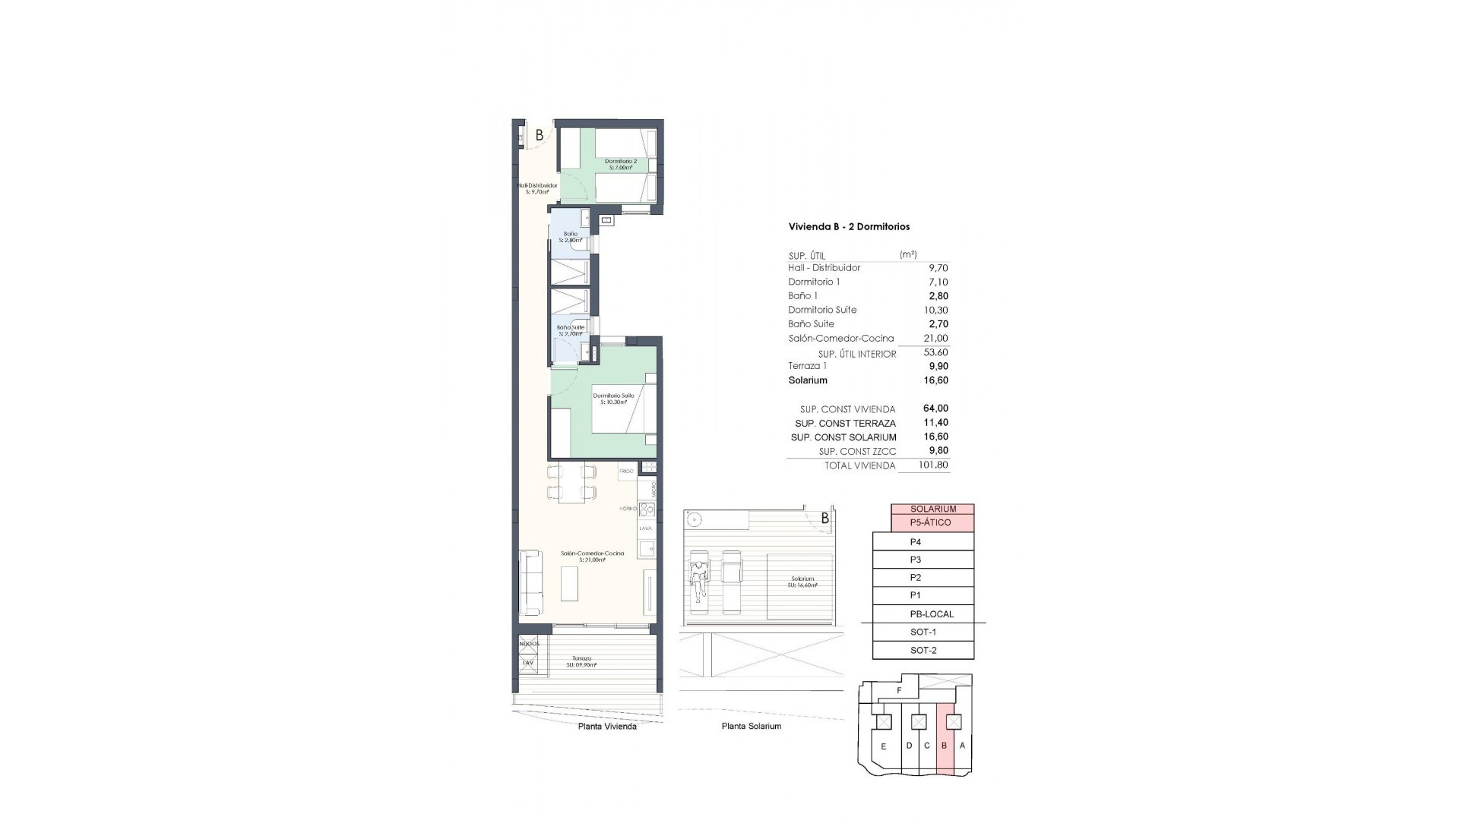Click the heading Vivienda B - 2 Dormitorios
(x=849, y=226)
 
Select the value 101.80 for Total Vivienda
(x=933, y=465)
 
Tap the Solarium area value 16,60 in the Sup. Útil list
(x=933, y=380)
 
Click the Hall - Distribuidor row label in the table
(x=824, y=268)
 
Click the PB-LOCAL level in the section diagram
(x=931, y=613)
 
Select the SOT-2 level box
(x=923, y=650)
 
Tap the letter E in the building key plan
(x=883, y=746)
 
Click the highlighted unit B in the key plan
(x=945, y=746)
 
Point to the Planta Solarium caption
(x=751, y=726)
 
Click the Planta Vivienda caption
(x=607, y=726)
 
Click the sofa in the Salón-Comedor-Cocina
(x=530, y=583)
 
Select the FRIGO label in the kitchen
(x=626, y=471)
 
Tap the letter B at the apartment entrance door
(x=540, y=136)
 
